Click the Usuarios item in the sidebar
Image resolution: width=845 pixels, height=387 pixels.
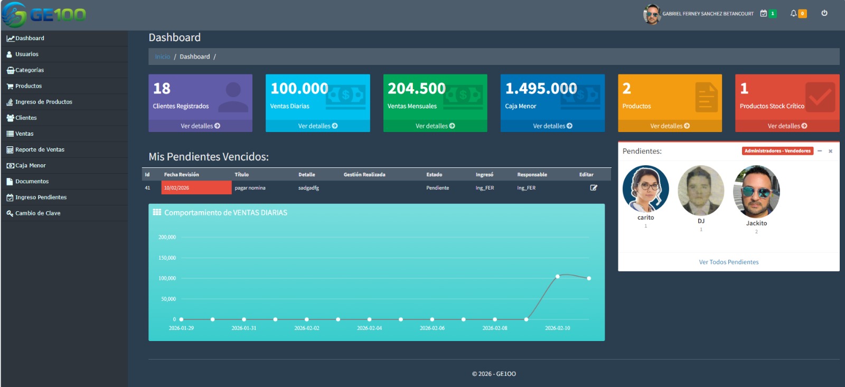pyautogui.click(x=26, y=54)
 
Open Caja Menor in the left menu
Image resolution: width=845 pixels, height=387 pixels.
pyautogui.click(x=30, y=165)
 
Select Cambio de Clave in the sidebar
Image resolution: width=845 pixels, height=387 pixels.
pyautogui.click(x=37, y=213)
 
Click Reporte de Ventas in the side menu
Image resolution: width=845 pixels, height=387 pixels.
pyautogui.click(x=40, y=149)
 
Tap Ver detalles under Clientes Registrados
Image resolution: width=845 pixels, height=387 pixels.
pyautogui.click(x=200, y=126)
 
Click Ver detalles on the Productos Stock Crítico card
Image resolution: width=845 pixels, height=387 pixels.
pyautogui.click(x=787, y=126)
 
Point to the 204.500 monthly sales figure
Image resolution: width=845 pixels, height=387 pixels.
pyautogui.click(x=417, y=88)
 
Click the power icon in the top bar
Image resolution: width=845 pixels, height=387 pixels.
pyautogui.click(x=824, y=13)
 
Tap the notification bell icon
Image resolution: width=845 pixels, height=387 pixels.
pyautogui.click(x=793, y=14)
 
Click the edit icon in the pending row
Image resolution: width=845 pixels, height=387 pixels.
pyautogui.click(x=594, y=187)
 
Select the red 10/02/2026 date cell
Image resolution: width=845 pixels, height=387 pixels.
pyautogui.click(x=196, y=187)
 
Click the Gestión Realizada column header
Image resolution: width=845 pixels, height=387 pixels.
pyautogui.click(x=364, y=175)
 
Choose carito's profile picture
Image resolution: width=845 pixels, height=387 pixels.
pyautogui.click(x=645, y=188)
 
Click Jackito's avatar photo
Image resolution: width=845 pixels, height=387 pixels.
pyautogui.click(x=756, y=192)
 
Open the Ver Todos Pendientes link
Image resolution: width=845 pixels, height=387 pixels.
pyautogui.click(x=728, y=262)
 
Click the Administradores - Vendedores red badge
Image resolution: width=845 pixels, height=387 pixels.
pyautogui.click(x=777, y=151)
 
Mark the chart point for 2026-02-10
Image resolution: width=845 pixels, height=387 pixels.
pyautogui.click(x=558, y=276)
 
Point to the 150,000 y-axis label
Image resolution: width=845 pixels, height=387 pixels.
pyautogui.click(x=167, y=258)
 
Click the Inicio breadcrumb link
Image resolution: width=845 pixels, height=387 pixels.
pyautogui.click(x=162, y=57)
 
